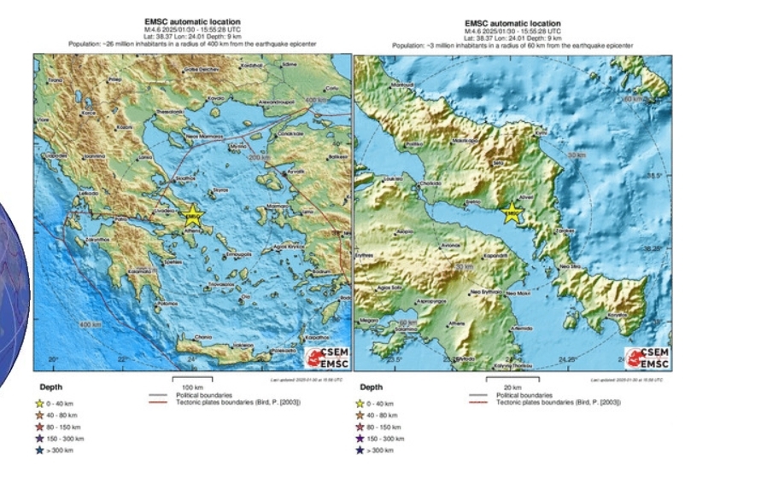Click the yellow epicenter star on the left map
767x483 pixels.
[192, 213]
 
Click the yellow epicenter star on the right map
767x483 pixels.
[512, 213]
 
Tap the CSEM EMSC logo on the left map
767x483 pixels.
[325, 358]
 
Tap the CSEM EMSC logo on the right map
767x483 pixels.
[647, 358]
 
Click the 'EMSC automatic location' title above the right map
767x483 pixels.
[513, 23]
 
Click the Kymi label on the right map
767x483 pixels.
[539, 133]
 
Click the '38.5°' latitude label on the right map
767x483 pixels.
[653, 177]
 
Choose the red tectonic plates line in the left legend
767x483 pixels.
[157, 401]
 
